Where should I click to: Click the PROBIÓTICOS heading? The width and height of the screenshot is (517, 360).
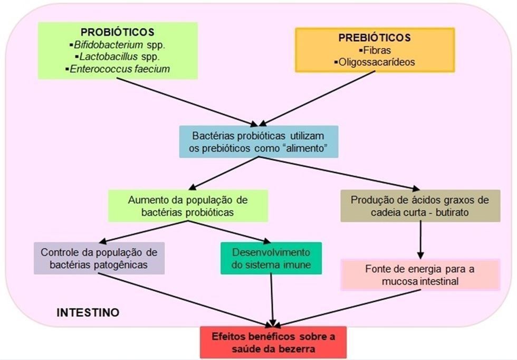[x=117, y=32]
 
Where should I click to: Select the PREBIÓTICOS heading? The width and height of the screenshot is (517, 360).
[x=374, y=38]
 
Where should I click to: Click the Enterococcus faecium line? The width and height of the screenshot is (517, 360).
[x=119, y=69]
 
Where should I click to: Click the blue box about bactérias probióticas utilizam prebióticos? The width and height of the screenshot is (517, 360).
[x=257, y=141]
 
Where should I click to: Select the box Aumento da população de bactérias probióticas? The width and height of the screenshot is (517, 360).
[x=188, y=206]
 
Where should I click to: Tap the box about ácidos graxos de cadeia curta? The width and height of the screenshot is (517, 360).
[x=420, y=206]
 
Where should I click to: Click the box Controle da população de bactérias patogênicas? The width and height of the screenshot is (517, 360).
[x=99, y=258]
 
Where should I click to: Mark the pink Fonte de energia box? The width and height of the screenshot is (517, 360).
[x=420, y=274]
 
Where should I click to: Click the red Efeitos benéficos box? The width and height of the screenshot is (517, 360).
[x=273, y=342]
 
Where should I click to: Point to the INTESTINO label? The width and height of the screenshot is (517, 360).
[x=88, y=312]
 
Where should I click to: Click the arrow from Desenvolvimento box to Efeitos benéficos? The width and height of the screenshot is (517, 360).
[x=272, y=298]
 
